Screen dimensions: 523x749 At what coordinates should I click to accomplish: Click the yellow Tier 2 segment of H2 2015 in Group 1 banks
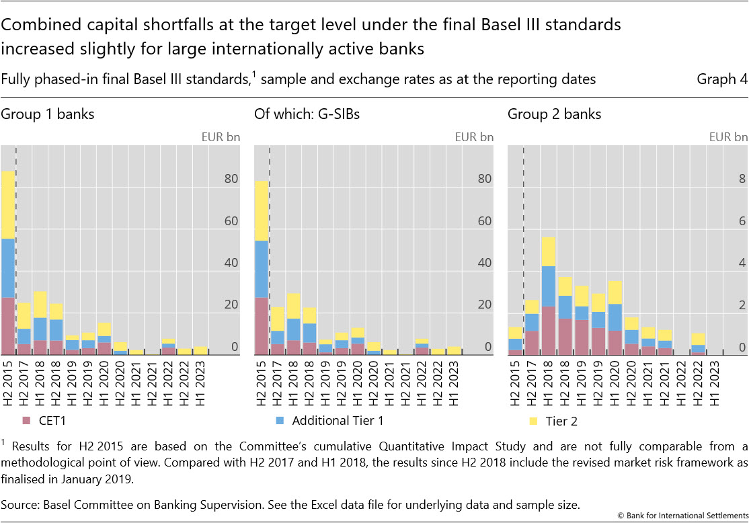point(7,204)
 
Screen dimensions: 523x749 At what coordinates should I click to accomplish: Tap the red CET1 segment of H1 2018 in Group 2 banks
point(548,329)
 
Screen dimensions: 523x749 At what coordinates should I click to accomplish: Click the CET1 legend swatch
point(27,421)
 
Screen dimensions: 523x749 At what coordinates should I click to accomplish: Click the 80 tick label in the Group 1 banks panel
point(231,179)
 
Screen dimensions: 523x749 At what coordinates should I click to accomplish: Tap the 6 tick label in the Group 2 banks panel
point(742,221)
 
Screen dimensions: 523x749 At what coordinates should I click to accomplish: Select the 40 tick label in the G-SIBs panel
point(484,263)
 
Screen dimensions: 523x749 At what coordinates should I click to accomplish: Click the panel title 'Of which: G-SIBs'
point(307,114)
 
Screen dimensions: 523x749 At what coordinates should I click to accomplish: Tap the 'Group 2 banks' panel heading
point(554,114)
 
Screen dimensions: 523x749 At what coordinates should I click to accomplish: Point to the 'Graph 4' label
point(721,79)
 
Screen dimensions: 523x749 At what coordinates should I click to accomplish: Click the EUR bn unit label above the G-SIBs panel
point(474,136)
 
